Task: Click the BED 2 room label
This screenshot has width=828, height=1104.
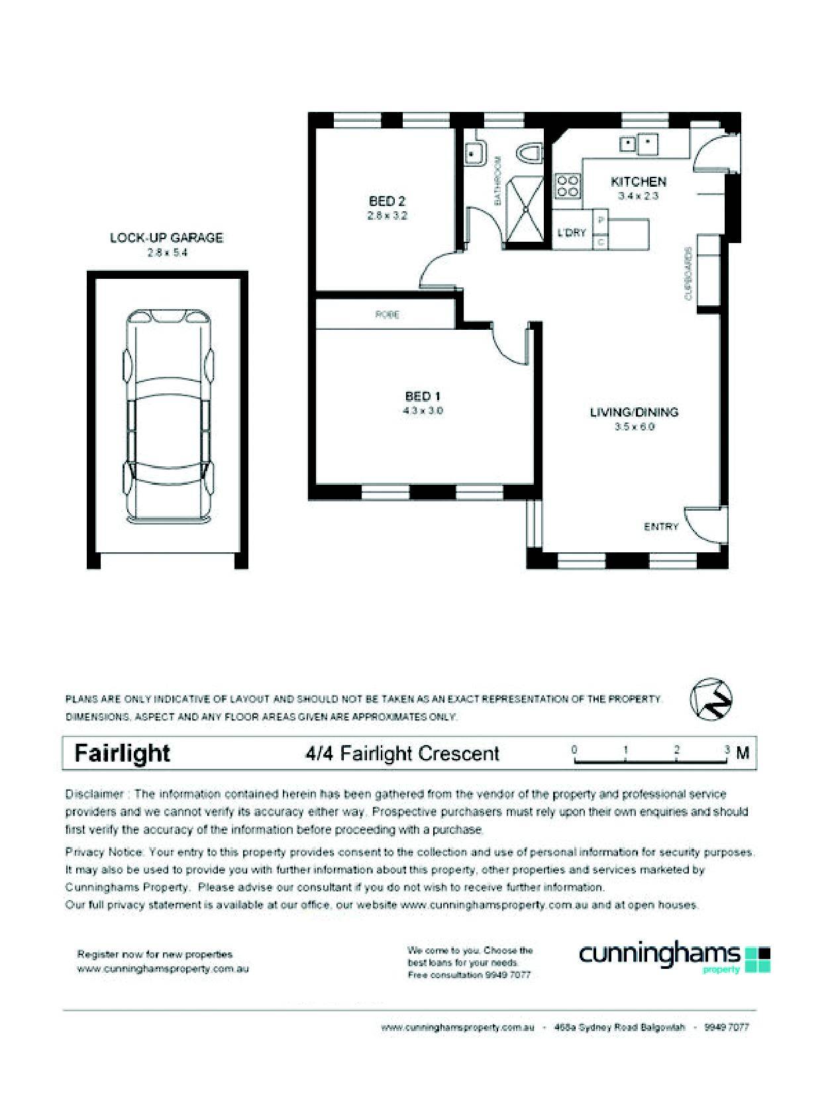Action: [387, 201]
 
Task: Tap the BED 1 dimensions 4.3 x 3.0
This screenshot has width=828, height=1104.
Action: [422, 411]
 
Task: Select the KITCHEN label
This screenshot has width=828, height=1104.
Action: [638, 181]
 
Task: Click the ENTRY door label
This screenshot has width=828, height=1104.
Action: [660, 527]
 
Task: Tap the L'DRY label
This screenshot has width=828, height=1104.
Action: [571, 232]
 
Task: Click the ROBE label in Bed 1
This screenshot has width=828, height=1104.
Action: [387, 315]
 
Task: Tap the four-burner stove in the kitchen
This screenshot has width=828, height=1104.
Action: [568, 185]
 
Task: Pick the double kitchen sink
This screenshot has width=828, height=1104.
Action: [638, 143]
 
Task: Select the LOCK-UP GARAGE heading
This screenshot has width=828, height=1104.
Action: [166, 238]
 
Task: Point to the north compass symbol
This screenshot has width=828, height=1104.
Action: [712, 699]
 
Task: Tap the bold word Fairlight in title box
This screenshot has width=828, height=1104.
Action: [122, 753]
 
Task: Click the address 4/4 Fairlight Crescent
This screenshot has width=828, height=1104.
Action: [402, 754]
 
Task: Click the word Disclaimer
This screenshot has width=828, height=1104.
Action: [93, 794]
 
